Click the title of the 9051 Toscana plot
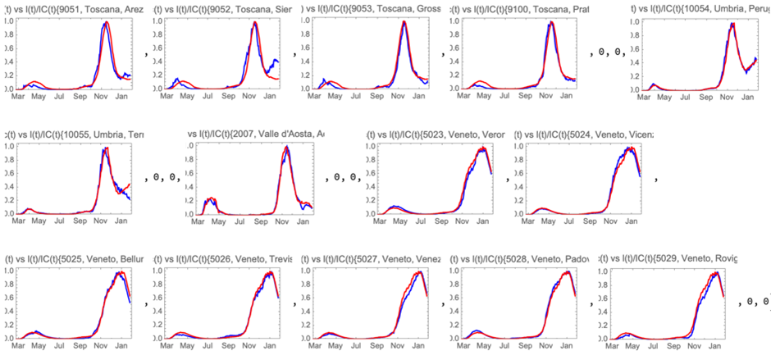pyautogui.click(x=74, y=9)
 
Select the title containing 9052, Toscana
pyautogui.click(x=222, y=9)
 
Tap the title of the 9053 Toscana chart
pyautogui.click(x=370, y=9)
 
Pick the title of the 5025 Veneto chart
pyautogui.click(x=74, y=260)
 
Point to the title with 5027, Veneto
pyautogui.click(x=370, y=260)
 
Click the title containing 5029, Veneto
pyautogui.click(x=668, y=260)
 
